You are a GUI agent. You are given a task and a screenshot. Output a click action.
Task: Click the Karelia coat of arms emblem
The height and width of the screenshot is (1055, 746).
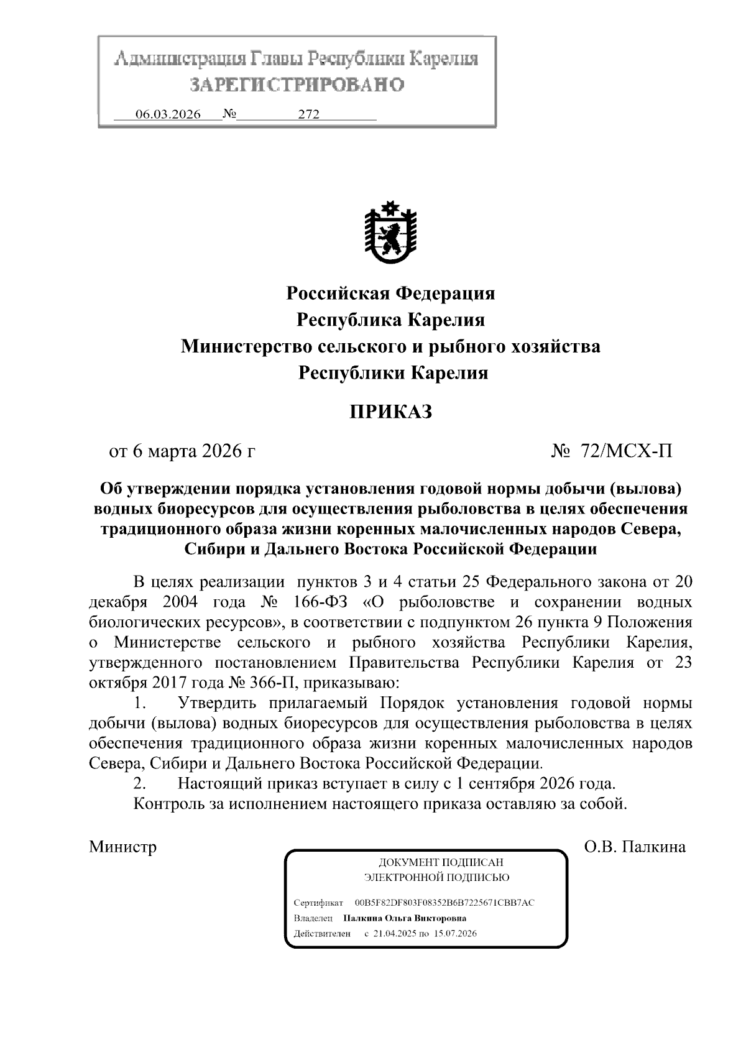point(390,234)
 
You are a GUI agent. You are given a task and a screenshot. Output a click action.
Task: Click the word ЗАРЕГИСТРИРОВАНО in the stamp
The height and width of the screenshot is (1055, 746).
point(297,85)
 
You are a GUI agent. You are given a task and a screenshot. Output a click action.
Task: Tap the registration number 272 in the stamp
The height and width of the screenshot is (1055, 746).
point(308,114)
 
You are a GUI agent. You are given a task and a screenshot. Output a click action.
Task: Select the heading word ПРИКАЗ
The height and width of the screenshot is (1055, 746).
point(390,412)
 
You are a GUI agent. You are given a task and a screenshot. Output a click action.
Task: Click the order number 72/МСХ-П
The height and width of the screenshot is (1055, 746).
point(626,451)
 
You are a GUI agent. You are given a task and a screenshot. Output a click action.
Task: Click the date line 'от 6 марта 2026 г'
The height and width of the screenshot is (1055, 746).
point(182,451)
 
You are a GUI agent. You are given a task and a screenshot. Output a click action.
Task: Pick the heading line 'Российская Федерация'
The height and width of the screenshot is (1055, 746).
point(390,293)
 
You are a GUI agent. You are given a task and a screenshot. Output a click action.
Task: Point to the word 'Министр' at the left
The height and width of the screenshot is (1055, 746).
point(122,847)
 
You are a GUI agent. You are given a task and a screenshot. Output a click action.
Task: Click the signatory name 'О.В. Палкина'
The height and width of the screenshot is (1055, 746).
point(635,847)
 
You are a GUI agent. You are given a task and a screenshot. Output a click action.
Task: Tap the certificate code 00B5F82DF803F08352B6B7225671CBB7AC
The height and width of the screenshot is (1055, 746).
point(444,902)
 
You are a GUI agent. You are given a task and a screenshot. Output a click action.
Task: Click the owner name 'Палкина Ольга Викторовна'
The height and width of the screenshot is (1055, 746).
point(405,918)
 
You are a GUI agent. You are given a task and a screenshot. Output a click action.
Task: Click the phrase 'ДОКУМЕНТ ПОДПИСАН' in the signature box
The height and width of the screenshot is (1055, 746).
point(441,862)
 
